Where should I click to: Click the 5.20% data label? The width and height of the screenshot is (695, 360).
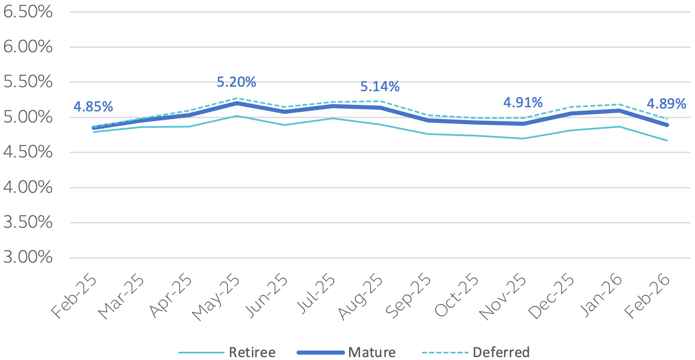(236, 82)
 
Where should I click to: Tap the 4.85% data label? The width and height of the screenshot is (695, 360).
(93, 107)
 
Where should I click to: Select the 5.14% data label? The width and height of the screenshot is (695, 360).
(380, 87)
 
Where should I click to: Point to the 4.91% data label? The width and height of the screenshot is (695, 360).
(523, 102)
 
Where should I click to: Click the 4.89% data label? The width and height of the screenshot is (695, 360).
(666, 104)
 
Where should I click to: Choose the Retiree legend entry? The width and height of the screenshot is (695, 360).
(252, 352)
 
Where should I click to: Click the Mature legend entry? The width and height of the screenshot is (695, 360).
(371, 352)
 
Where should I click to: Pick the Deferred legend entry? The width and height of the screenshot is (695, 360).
(501, 352)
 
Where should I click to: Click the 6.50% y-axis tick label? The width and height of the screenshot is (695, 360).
(28, 12)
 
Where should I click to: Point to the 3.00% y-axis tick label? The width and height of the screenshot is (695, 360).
(28, 257)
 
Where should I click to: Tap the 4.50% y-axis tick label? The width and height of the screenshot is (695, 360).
(28, 152)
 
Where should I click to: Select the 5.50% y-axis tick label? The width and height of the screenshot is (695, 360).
(28, 82)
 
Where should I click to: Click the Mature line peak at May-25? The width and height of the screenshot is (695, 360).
(237, 103)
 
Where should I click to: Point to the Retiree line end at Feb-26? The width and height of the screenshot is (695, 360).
(667, 141)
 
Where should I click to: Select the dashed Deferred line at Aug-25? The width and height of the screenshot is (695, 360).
(380, 101)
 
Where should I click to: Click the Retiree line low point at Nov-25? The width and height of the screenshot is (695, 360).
(523, 138)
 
